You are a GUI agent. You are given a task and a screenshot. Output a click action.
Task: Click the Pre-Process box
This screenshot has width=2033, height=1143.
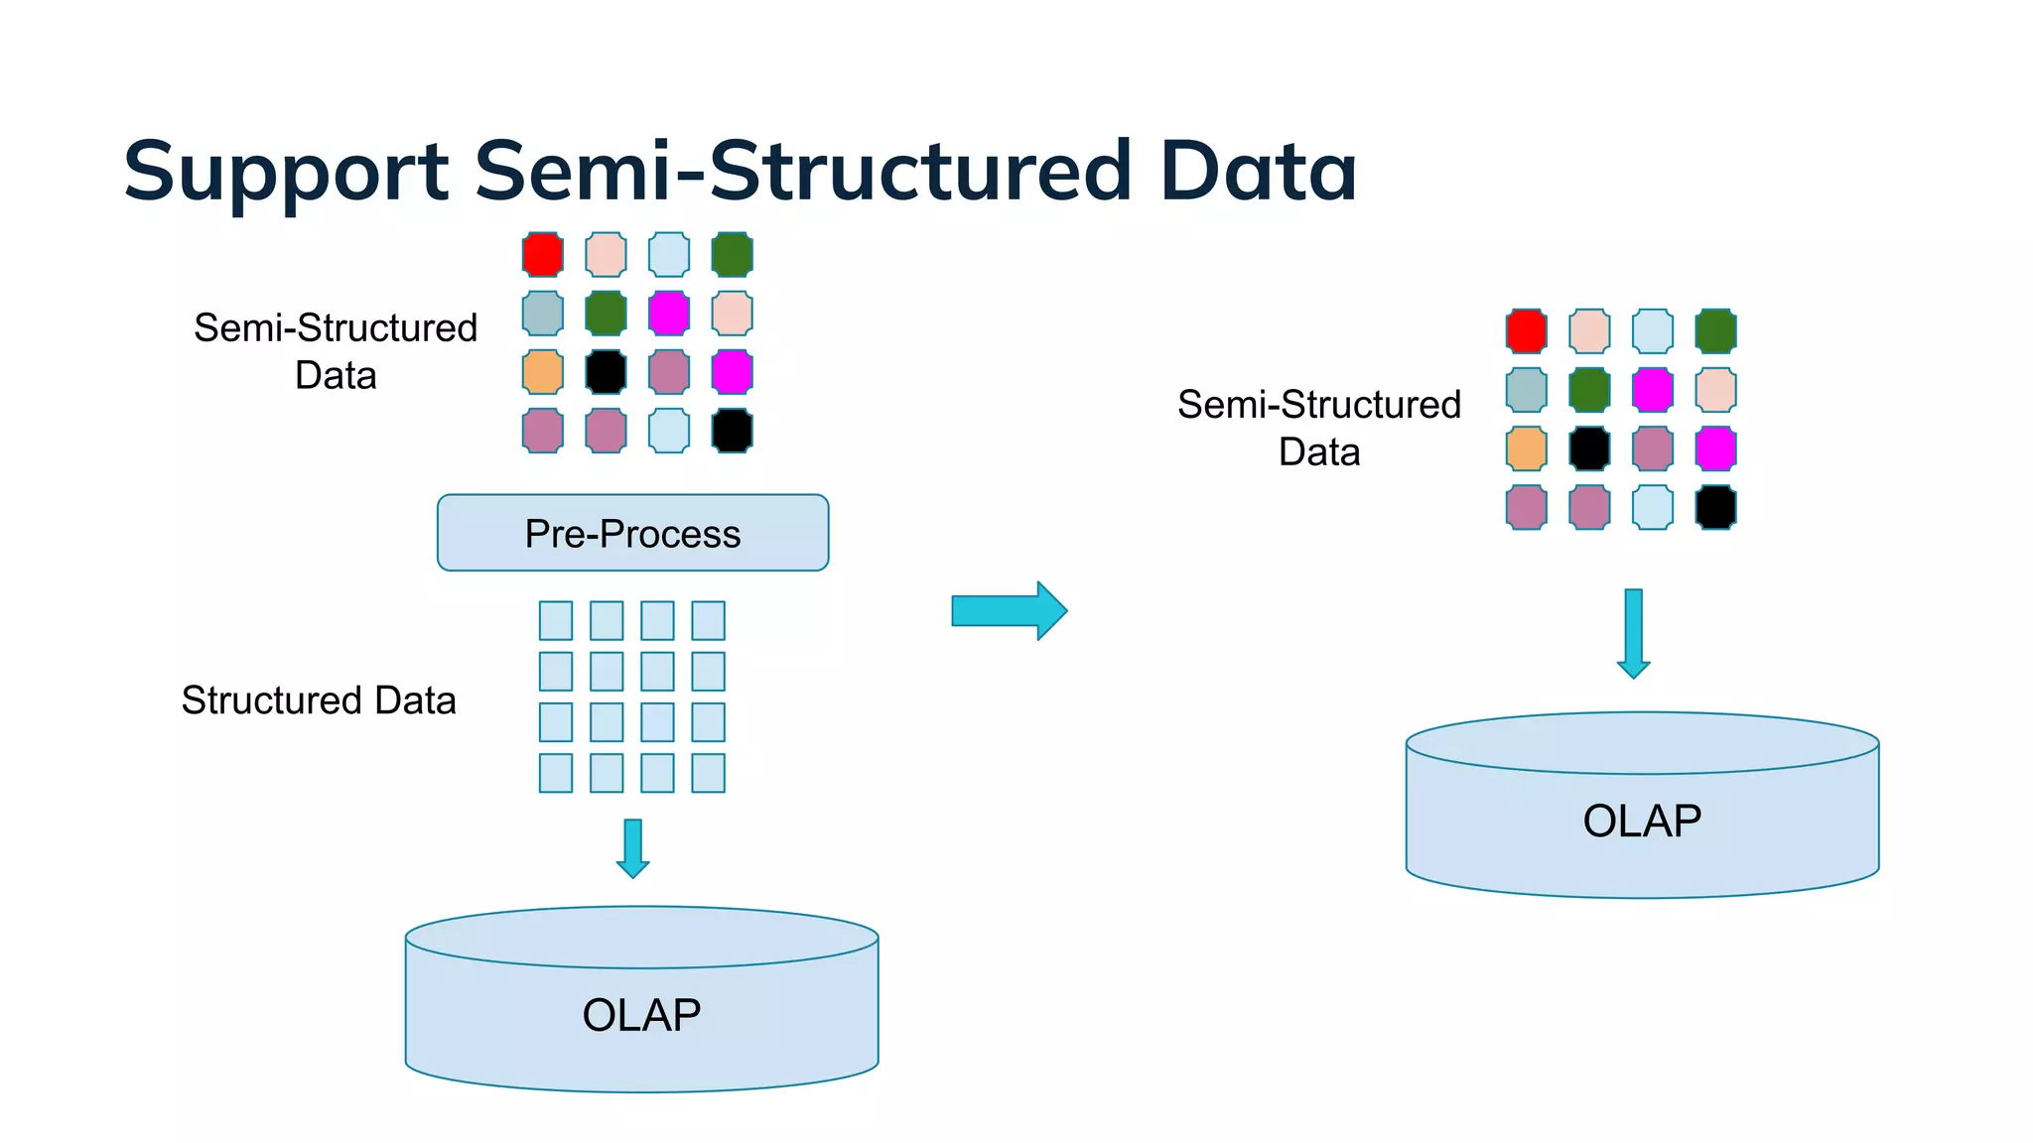[632, 533]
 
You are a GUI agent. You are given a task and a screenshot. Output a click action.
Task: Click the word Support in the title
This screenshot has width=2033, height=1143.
[286, 171]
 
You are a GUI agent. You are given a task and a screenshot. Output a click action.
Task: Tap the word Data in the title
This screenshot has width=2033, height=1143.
[1257, 171]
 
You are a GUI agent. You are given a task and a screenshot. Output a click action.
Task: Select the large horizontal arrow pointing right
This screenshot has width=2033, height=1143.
[1009, 610]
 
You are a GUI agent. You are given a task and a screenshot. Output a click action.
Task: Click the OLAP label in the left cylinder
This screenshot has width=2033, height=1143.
[641, 1015]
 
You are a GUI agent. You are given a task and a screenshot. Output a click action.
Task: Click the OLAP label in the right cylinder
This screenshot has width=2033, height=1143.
[1642, 821]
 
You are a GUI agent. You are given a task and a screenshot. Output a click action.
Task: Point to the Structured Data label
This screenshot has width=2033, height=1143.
[319, 700]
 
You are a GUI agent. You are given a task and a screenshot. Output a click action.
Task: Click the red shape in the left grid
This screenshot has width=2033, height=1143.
[543, 254]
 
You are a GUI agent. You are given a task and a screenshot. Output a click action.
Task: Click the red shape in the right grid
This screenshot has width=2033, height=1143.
[1526, 330]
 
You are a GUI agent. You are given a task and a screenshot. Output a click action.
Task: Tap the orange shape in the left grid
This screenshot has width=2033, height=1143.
[543, 372]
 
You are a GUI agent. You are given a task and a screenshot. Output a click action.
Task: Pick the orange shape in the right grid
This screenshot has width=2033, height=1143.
[1526, 448]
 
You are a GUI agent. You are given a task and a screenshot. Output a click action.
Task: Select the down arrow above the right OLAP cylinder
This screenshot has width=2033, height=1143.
[1633, 633]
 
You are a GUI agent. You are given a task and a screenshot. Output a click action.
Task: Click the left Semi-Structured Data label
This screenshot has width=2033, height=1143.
[336, 351]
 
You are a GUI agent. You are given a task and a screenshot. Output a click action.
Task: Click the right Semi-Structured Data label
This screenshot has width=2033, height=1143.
[1318, 428]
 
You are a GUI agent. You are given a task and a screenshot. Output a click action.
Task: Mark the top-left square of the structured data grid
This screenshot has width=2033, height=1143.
[556, 621]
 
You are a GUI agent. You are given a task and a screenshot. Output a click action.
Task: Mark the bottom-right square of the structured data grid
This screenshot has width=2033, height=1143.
[708, 773]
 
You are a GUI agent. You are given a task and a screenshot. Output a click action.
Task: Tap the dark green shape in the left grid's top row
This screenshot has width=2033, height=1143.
[732, 254]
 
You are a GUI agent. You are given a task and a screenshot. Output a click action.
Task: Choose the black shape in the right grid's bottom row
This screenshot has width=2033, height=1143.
[1715, 507]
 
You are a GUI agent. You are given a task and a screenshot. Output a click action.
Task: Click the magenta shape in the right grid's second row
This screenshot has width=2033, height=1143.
[1652, 390]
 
